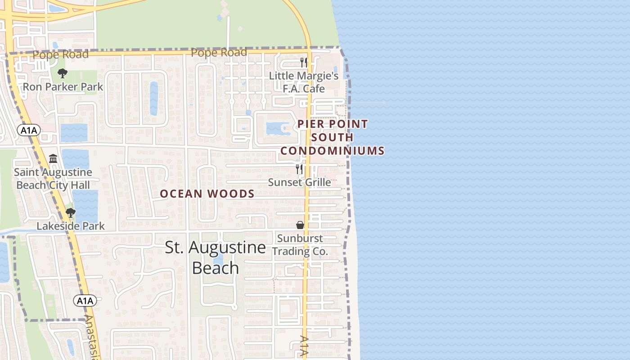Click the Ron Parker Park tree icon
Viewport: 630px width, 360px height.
pyautogui.click(x=63, y=73)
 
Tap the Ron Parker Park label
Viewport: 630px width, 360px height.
pyautogui.click(x=63, y=86)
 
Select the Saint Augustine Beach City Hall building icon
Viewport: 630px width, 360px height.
pyautogui.click(x=53, y=158)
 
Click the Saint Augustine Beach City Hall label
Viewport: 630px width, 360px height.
pyautogui.click(x=53, y=179)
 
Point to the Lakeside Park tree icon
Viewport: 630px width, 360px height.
pyautogui.click(x=70, y=212)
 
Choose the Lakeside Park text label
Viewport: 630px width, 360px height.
pyautogui.click(x=71, y=226)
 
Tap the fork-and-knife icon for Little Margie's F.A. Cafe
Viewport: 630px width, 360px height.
pyautogui.click(x=304, y=62)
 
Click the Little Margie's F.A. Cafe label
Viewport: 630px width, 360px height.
pyautogui.click(x=304, y=82)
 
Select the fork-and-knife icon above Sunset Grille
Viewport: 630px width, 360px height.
pyautogui.click(x=299, y=169)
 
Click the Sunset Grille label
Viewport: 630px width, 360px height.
pyautogui.click(x=299, y=182)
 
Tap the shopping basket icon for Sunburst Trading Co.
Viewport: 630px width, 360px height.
pyautogui.click(x=300, y=225)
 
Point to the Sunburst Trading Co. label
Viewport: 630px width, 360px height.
pyautogui.click(x=302, y=244)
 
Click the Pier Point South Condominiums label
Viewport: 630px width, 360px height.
pyautogui.click(x=333, y=137)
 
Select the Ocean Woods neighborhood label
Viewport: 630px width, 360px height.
pyautogui.click(x=207, y=193)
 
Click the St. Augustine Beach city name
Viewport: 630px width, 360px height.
pyautogui.click(x=215, y=257)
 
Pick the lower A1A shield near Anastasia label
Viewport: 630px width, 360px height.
pyautogui.click(x=85, y=301)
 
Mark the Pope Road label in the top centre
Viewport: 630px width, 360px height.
pyautogui.click(x=219, y=53)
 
